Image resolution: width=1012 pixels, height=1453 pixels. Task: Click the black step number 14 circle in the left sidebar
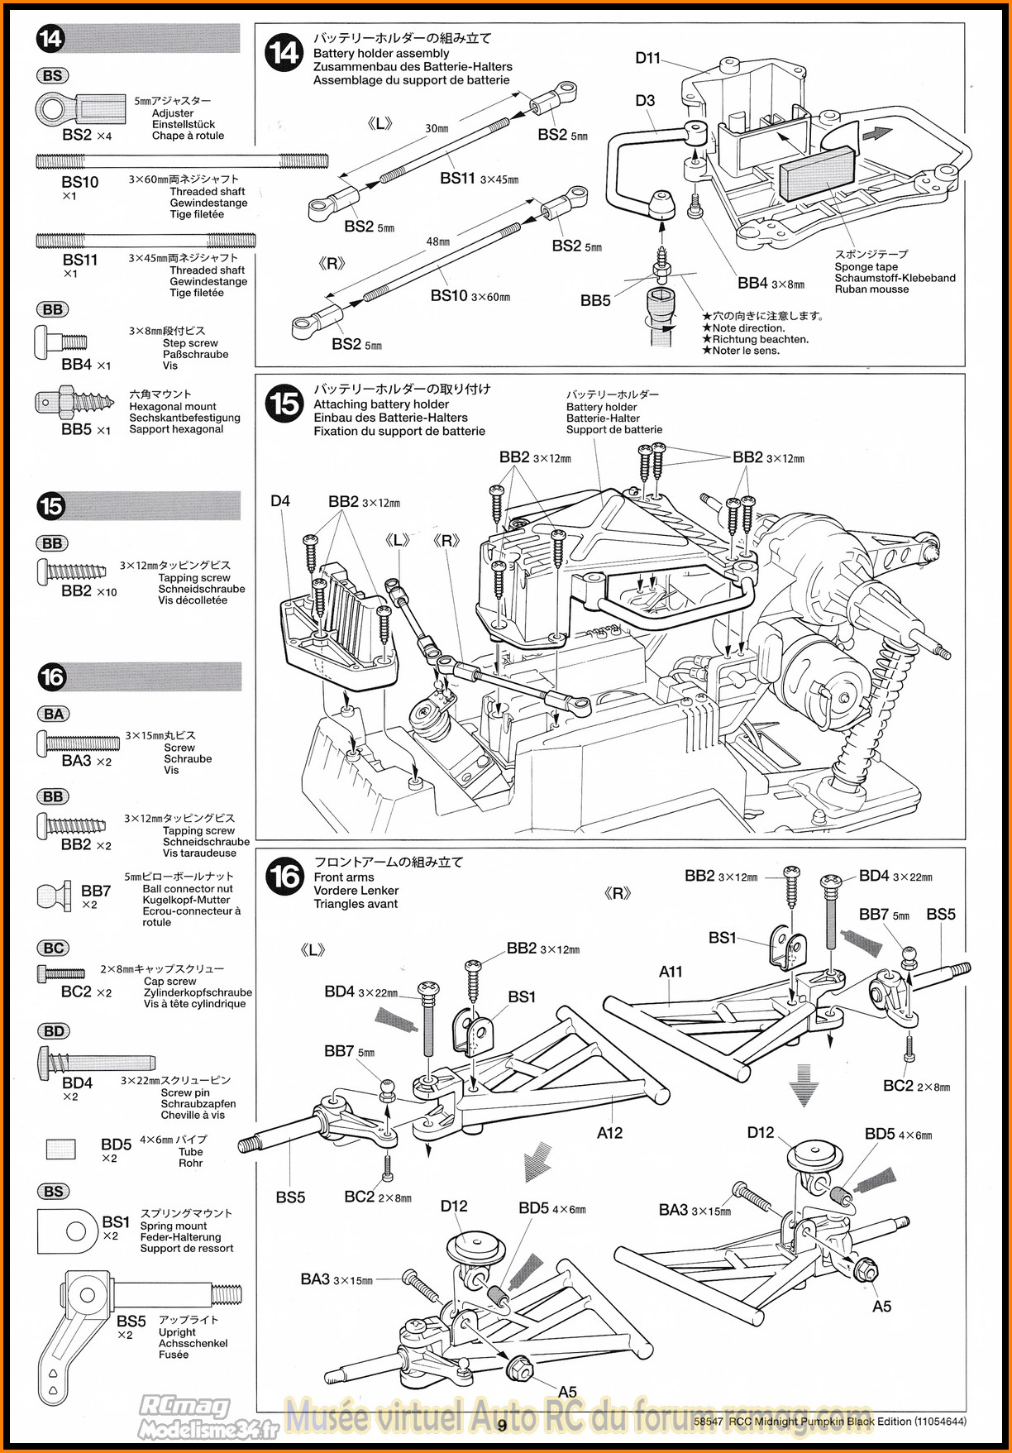(50, 39)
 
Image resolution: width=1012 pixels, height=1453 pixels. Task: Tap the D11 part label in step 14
(647, 58)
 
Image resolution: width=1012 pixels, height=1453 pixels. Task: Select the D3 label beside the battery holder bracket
(645, 101)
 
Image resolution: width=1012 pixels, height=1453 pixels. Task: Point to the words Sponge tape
(866, 267)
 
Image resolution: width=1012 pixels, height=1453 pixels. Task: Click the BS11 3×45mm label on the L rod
(479, 179)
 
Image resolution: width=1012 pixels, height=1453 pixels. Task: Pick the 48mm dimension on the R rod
(437, 241)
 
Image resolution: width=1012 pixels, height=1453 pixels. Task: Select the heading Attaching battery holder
(380, 404)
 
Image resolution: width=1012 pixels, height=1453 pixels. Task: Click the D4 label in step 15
(280, 501)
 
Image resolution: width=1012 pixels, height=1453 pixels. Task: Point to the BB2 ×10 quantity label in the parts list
(88, 591)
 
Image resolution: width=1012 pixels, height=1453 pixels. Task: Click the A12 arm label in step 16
(609, 1133)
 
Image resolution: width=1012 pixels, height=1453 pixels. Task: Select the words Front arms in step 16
(343, 877)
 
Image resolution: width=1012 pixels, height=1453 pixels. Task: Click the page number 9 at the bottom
(502, 1425)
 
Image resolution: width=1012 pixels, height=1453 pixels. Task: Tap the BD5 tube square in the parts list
(60, 1149)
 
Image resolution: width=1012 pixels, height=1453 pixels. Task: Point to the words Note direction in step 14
(748, 328)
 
